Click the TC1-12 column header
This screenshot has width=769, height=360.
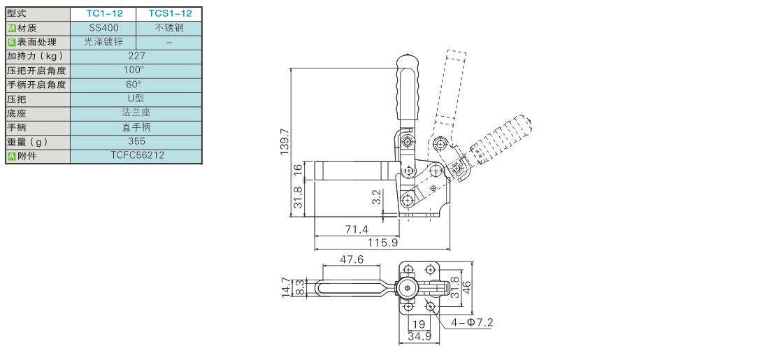click(x=103, y=13)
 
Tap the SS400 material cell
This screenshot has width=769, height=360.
click(x=103, y=27)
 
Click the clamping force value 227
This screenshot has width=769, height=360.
click(x=136, y=55)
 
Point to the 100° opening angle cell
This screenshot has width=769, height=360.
click(x=136, y=70)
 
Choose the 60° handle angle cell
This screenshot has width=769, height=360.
click(x=136, y=84)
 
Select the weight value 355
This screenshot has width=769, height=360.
click(x=136, y=141)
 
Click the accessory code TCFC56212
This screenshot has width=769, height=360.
click(x=136, y=155)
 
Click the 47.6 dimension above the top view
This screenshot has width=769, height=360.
click(x=352, y=259)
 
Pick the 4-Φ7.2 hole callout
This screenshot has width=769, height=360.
click(x=473, y=323)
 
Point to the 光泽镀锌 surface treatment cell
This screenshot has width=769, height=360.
click(x=103, y=41)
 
